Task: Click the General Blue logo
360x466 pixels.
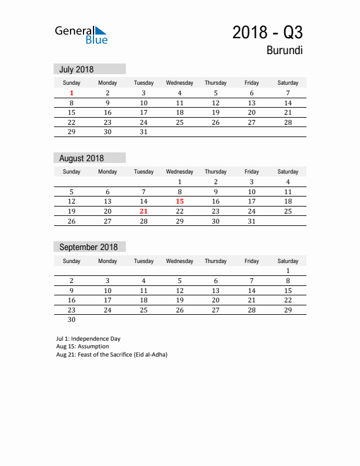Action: point(81,35)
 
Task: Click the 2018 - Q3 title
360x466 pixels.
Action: point(268,32)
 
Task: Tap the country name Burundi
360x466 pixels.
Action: point(285,50)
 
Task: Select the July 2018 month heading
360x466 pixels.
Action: point(76,69)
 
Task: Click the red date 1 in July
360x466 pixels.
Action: point(72,93)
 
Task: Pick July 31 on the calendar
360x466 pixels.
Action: point(144,132)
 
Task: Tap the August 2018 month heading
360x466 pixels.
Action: point(81,158)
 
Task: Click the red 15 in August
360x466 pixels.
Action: point(180,201)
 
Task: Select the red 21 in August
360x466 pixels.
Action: point(144,211)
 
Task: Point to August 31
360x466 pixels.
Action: point(252,221)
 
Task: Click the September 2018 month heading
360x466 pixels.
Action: point(88,247)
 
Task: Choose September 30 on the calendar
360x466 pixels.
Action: point(72,320)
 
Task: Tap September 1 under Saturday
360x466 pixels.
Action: point(288,271)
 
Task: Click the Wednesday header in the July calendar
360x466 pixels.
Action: point(180,83)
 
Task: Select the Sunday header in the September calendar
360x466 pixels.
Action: point(72,261)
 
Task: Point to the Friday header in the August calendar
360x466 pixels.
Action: point(252,172)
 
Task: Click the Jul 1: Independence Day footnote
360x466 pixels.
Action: point(88,338)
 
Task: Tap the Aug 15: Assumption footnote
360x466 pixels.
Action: point(82,347)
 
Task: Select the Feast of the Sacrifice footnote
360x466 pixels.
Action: point(112,355)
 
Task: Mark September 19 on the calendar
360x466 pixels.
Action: point(180,300)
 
